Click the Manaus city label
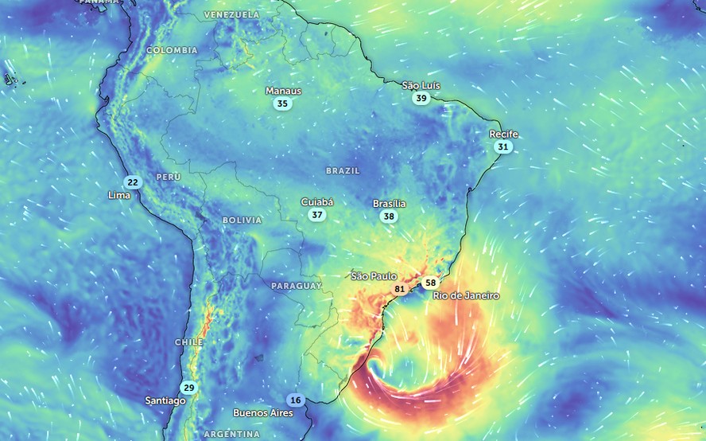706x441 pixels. (x=284, y=91)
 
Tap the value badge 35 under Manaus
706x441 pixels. (x=282, y=103)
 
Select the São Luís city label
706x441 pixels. (x=421, y=85)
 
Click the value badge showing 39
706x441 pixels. (x=421, y=98)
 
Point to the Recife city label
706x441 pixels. (x=503, y=135)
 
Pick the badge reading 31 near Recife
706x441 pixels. (x=502, y=147)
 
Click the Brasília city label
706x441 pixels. (x=390, y=204)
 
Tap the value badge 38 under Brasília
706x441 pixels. (x=389, y=217)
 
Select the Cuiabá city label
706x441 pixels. (x=317, y=202)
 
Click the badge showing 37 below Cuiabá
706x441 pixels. (x=317, y=215)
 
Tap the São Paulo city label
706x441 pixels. (x=374, y=276)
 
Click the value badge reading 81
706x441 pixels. (x=400, y=288)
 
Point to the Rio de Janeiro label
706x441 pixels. (x=466, y=295)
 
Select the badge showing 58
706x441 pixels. (x=430, y=283)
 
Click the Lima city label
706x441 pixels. (x=119, y=195)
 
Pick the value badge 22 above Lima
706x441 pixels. (x=133, y=182)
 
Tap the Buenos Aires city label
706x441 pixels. (x=262, y=413)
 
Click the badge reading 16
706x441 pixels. (x=296, y=400)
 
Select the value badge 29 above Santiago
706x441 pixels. (x=188, y=388)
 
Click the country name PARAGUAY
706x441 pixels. (x=297, y=285)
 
